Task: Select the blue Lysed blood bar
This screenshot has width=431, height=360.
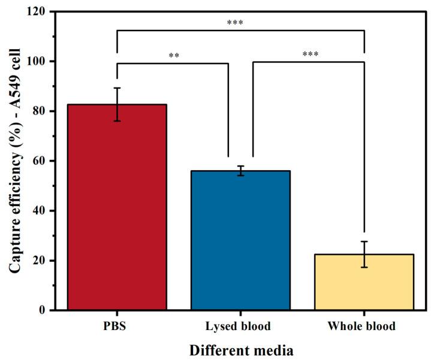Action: point(240,240)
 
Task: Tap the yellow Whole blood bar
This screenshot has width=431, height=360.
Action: point(364,282)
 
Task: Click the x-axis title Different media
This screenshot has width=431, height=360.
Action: point(240,349)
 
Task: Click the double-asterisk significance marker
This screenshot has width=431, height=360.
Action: point(174,56)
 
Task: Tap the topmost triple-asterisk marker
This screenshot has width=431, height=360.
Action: point(235,24)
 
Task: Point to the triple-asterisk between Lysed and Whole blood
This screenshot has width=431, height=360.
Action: point(310,55)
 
